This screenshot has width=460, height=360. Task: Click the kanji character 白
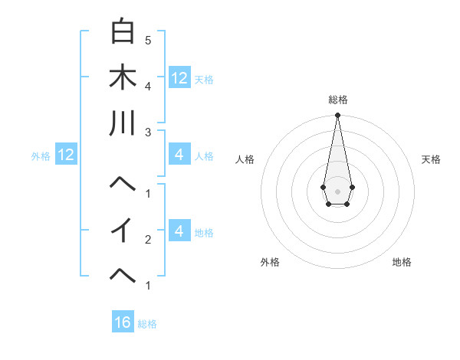(123, 31)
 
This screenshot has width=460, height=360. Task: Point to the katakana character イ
(123, 230)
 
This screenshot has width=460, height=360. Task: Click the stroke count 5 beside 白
(147, 40)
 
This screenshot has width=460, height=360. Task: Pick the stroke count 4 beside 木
(147, 86)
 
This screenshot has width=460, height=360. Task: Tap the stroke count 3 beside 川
(147, 132)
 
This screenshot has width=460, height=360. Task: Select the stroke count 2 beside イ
(147, 240)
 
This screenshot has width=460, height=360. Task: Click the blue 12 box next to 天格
(179, 78)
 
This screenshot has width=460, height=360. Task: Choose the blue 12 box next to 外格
(65, 155)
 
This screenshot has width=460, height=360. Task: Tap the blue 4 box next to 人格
(179, 155)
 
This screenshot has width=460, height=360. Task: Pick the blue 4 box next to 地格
(179, 231)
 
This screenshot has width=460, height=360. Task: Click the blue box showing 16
(123, 322)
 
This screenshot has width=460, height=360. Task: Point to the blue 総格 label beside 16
(147, 324)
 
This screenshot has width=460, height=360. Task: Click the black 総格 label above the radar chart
(338, 100)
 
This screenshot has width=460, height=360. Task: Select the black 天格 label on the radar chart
(432, 159)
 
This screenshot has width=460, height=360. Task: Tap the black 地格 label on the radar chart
(402, 262)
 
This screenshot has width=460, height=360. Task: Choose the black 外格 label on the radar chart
(270, 262)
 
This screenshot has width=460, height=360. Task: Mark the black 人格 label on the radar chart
(245, 159)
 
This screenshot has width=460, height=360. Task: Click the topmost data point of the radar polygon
(337, 116)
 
